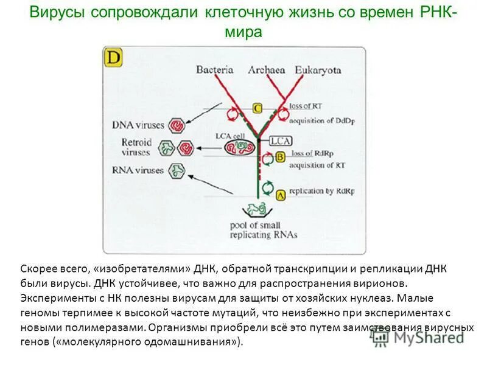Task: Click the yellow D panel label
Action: tap(114, 58)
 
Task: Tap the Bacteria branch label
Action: tap(214, 71)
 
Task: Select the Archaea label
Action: tap(267, 71)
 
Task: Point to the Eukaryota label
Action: tap(318, 71)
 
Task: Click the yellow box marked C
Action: tap(257, 108)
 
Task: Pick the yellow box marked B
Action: tap(281, 157)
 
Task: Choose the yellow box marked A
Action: tap(281, 195)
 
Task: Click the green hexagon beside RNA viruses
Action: tap(177, 171)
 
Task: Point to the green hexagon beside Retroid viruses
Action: tap(165, 148)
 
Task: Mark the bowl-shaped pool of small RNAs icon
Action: tap(256, 210)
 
